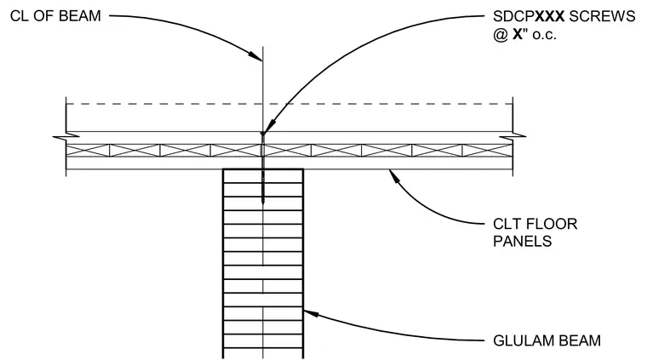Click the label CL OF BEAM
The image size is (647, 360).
tap(55, 16)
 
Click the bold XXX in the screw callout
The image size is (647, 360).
tap(550, 16)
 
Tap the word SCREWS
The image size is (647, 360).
tap(603, 16)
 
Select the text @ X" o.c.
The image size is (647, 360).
tap(524, 34)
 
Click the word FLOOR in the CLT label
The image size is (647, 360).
tap(551, 224)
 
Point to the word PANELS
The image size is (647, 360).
tap(523, 241)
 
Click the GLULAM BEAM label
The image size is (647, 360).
tap(547, 340)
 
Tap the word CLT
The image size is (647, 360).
tap(507, 224)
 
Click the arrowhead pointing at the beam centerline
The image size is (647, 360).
tap(255, 56)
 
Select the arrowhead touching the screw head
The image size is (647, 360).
tap(269, 126)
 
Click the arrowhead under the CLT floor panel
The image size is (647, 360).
tap(394, 175)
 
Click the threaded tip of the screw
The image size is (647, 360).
tap(263, 200)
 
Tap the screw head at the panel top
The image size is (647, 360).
tap(263, 134)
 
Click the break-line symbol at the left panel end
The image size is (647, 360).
tap(66, 136)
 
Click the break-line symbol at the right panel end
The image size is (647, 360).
tap(512, 136)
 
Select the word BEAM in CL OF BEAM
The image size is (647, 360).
tap(81, 16)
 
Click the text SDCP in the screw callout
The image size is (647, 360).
tap(513, 16)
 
